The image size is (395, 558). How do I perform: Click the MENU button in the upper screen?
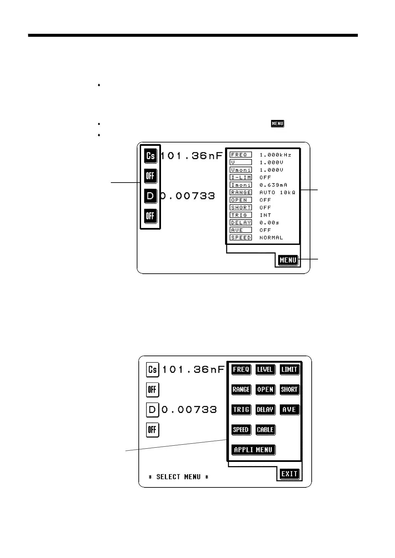(288, 260)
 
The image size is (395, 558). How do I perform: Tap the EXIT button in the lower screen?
(289, 474)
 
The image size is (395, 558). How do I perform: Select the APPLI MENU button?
(253, 450)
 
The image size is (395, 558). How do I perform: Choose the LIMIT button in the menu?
(289, 369)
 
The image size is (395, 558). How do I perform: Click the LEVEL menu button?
(265, 369)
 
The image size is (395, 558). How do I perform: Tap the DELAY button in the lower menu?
(265, 410)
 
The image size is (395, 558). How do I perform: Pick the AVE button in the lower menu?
(289, 410)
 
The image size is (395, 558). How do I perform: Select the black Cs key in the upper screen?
(150, 156)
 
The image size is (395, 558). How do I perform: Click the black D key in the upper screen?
(150, 196)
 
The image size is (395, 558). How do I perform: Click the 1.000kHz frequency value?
(275, 155)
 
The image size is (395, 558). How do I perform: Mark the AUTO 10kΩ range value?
(277, 193)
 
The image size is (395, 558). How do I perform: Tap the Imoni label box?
(241, 185)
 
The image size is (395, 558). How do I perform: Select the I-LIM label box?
(241, 177)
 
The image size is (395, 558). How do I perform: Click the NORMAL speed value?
(271, 238)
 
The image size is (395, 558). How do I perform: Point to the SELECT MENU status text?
(178, 477)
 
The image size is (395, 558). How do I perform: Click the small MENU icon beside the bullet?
(277, 124)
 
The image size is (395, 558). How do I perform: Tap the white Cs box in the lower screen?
(152, 369)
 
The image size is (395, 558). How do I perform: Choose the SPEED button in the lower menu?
(241, 430)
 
